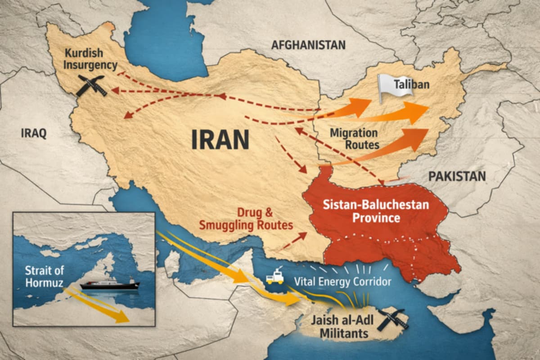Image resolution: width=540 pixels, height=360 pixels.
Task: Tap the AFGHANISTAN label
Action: pos(308,45)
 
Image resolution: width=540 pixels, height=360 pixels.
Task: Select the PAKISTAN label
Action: pos(457,176)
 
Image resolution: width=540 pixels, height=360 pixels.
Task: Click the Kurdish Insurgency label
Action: pos(90,58)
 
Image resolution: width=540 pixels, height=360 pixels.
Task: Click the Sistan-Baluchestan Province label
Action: pos(376,211)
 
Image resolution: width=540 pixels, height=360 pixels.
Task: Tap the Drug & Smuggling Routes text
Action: pos(247,218)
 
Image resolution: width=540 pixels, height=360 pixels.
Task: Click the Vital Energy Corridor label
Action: pos(342,281)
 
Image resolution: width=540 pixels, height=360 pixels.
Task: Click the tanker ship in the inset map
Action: pos(110,285)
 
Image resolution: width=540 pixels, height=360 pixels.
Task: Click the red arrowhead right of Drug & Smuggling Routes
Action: pos(304,235)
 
